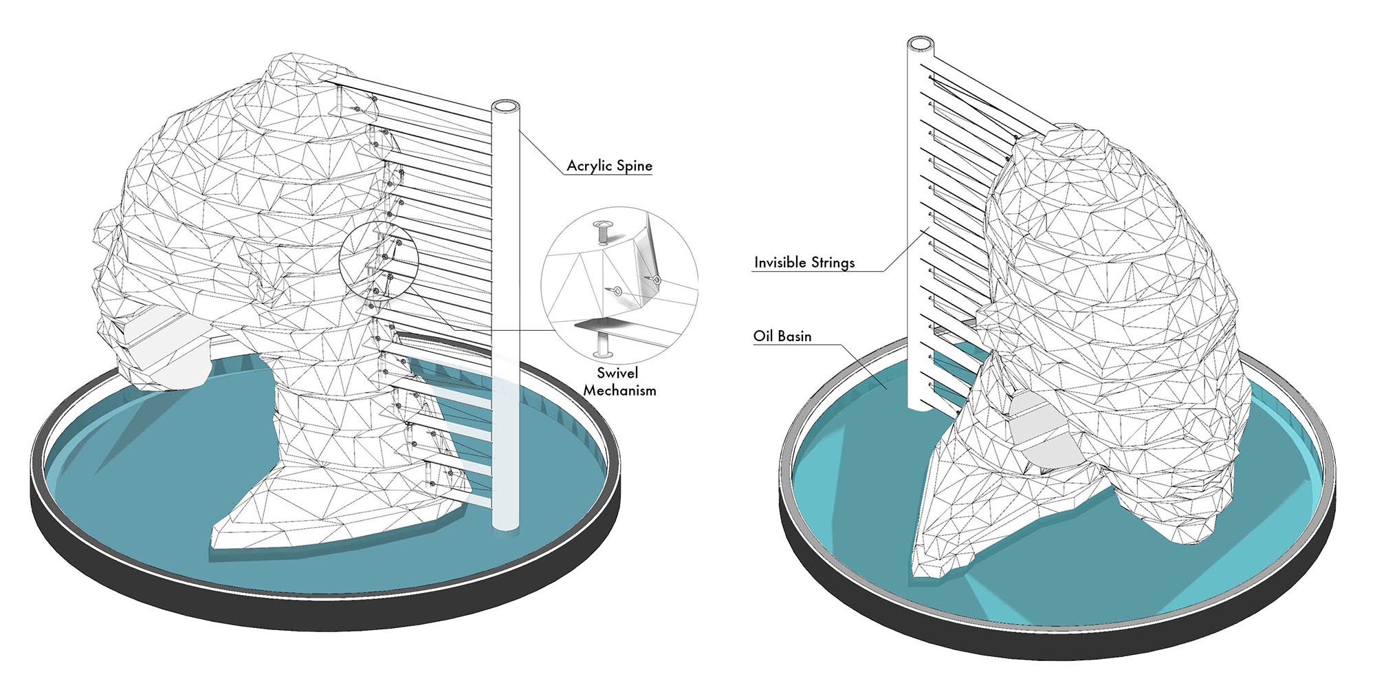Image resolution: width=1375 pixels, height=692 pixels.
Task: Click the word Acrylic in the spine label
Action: (589, 166)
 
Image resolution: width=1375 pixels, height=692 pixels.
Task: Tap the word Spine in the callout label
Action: (634, 166)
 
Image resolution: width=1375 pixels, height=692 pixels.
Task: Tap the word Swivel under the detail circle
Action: (617, 374)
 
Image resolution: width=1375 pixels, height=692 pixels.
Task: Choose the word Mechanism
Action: (619, 391)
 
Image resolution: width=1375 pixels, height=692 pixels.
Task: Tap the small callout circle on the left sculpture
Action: (379, 261)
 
